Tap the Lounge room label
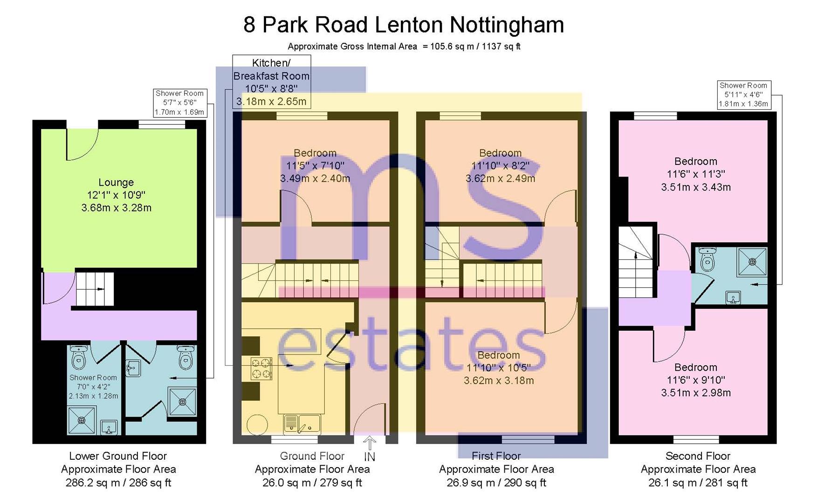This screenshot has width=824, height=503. click(x=116, y=183)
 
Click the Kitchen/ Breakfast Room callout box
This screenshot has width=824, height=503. click(x=271, y=82)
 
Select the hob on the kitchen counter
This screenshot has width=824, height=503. click(x=261, y=368)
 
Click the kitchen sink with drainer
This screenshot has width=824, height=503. click(x=302, y=423)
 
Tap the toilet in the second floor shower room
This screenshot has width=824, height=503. click(x=708, y=259)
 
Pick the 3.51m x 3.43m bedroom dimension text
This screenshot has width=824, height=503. click(x=696, y=187)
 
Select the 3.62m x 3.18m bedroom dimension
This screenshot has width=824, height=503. click(x=499, y=381)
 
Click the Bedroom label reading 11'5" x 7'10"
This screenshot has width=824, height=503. click(x=315, y=165)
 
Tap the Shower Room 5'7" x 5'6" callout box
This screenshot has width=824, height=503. click(x=179, y=103)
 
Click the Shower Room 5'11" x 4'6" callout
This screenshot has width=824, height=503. click(x=743, y=95)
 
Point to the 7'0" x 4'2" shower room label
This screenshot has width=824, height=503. click(x=93, y=387)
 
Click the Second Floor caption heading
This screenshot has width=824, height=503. click(x=698, y=456)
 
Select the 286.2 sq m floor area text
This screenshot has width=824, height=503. click(x=118, y=483)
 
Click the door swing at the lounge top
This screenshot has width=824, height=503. click(x=82, y=143)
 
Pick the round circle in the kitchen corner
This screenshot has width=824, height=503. click(x=257, y=424)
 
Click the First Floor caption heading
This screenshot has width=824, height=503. click(x=496, y=456)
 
